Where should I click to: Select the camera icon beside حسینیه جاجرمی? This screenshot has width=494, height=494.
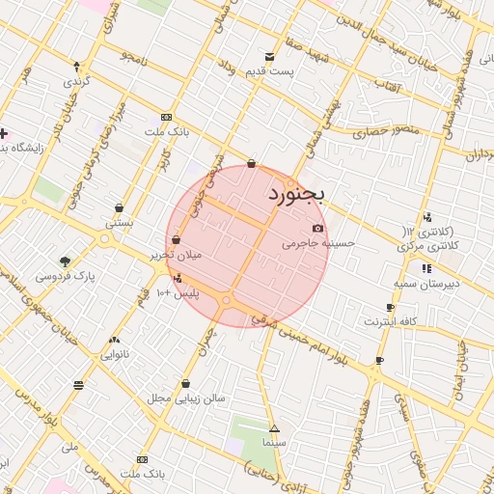(318, 229)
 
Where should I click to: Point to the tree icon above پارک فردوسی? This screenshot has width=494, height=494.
(65, 261)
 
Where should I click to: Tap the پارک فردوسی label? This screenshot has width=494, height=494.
(66, 276)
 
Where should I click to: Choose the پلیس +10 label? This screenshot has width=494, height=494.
(178, 292)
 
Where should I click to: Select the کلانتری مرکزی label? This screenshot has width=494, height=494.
(425, 246)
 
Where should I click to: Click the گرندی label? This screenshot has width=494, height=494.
(75, 81)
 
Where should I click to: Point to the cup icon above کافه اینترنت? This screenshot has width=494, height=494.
(390, 308)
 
